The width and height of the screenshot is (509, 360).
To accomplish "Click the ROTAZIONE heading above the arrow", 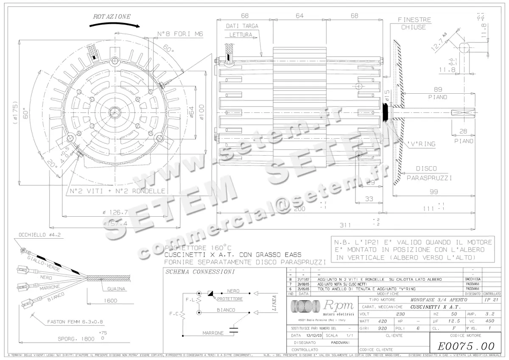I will (x=112, y=17).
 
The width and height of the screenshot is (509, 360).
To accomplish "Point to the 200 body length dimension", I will (x=299, y=209).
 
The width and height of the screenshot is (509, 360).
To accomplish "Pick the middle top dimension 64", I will (x=299, y=16).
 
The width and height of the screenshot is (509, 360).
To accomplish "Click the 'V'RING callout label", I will (x=420, y=144).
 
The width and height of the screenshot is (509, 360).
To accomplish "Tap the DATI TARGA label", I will (x=242, y=26).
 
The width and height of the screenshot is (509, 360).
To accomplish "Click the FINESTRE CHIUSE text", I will (x=414, y=23).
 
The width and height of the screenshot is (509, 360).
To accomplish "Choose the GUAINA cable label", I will (x=116, y=289).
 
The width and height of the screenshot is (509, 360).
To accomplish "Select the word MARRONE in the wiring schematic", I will (x=213, y=333).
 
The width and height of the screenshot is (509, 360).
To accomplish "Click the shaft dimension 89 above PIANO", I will (x=439, y=89).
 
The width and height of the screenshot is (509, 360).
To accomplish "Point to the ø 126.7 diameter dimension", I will (x=115, y=212).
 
